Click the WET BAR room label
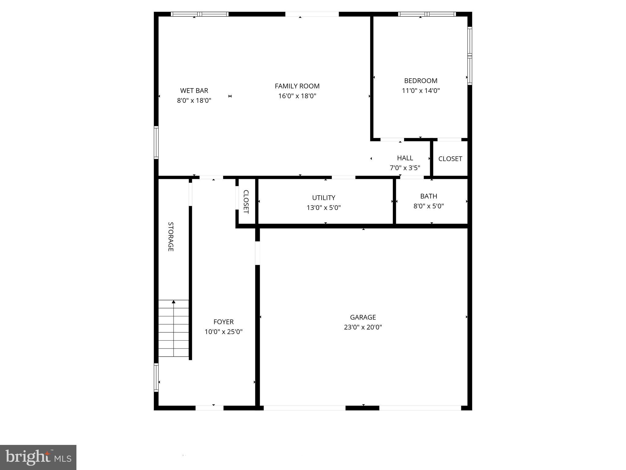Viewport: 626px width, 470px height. (194, 91)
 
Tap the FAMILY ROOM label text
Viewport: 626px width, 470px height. (297, 86)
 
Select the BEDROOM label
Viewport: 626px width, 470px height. (421, 81)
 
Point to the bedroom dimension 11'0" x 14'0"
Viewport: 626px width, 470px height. (421, 91)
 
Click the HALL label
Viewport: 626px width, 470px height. (405, 158)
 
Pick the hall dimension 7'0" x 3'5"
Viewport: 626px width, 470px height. (405, 168)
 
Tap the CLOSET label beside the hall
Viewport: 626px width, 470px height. (450, 159)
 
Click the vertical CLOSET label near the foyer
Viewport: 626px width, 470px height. (246, 202)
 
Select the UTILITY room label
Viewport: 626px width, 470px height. (324, 198)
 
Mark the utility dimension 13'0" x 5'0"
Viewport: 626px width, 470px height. (324, 208)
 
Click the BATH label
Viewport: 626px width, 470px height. (429, 196)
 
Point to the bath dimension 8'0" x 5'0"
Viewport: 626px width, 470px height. (429, 206)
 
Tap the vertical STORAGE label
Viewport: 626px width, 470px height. (171, 237)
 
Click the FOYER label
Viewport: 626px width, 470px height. (223, 322)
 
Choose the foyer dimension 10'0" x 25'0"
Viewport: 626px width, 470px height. (223, 332)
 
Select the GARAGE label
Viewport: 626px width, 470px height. (363, 317)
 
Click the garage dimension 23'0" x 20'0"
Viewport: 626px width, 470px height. (363, 327)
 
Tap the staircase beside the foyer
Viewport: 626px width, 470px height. (174, 329)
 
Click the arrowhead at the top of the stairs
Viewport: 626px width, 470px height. (174, 302)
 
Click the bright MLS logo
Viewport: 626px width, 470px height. (38, 457)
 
